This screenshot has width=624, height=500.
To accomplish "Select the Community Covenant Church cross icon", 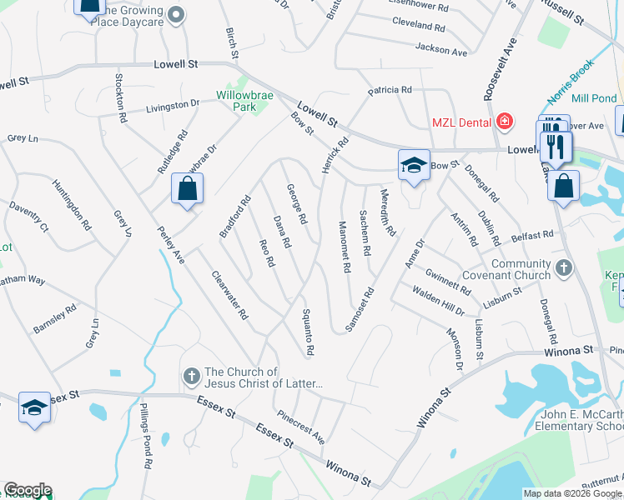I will (x=564, y=269).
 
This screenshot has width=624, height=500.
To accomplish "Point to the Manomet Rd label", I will (x=344, y=247).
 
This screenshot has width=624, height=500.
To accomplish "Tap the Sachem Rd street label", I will (x=365, y=232).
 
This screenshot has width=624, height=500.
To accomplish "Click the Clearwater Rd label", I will (x=229, y=296).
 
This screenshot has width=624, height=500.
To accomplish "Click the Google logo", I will (x=28, y=490).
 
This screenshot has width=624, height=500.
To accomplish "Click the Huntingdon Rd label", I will (x=71, y=205).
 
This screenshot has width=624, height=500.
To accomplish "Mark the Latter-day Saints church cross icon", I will (x=190, y=377).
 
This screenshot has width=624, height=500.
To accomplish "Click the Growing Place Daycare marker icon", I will (x=176, y=14).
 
